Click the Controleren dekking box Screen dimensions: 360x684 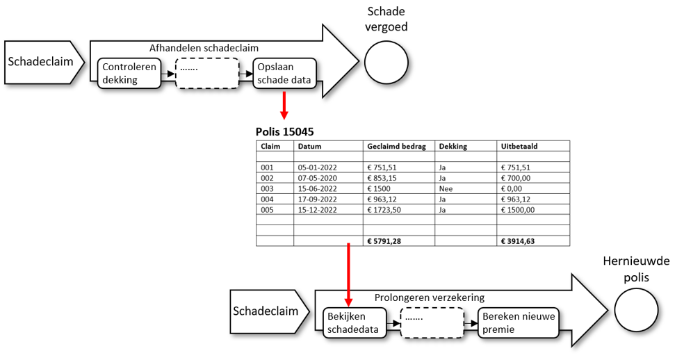click(x=129, y=73)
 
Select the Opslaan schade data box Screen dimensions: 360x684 click(x=284, y=73)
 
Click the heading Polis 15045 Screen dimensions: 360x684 click(x=288, y=131)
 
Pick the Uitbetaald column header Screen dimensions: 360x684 click(x=518, y=146)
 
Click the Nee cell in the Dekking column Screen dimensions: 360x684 click(x=446, y=188)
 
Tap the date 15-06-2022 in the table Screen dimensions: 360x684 click(x=317, y=188)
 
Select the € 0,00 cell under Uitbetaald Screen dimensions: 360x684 click(x=515, y=188)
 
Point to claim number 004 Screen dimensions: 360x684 click(x=268, y=199)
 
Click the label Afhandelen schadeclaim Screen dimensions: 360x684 click(x=204, y=48)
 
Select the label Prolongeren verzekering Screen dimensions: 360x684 click(x=429, y=297)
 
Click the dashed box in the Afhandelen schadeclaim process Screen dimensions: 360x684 click(x=206, y=73)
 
